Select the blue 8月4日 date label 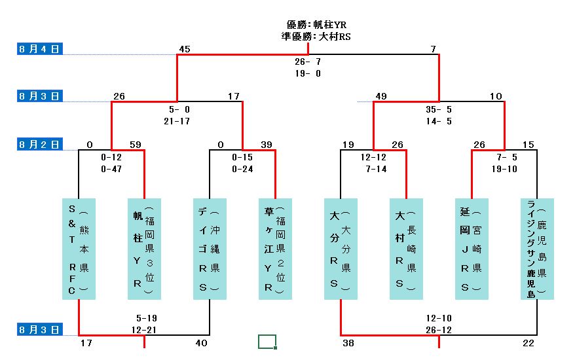(39, 48)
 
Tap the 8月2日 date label (39, 144)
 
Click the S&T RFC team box (79, 249)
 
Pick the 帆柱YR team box (144, 249)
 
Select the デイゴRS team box (210, 249)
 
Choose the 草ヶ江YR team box (275, 249)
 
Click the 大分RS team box (341, 249)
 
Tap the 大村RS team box (406, 249)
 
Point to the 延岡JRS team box (472, 249)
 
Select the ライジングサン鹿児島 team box (537, 249)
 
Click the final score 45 (184, 49)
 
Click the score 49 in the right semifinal (380, 97)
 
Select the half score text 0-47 (111, 169)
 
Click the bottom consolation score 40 (202, 342)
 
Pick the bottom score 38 (348, 342)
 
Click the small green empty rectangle (267, 341)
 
